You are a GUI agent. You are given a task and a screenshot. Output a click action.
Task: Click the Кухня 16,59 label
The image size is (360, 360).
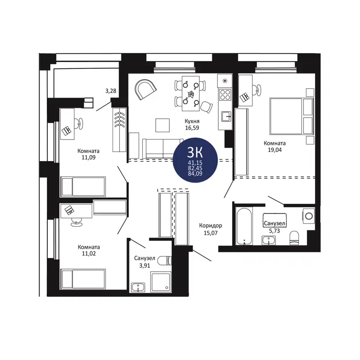coord(192,125)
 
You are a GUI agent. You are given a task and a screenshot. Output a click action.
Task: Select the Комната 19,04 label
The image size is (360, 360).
coord(275,147)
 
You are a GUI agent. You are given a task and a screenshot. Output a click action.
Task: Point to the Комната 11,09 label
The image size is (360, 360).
coord(88,154)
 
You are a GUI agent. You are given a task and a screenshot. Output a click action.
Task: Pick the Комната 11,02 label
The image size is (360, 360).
coord(88,250)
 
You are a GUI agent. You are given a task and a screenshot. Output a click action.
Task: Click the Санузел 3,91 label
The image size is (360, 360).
coord(144,262)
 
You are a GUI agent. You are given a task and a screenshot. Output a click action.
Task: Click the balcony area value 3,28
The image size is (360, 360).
coord(111,91)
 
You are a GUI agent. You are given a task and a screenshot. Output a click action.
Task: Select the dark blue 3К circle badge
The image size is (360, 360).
coord(196,160)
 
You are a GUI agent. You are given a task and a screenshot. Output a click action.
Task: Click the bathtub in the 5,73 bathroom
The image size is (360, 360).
coord(243,226)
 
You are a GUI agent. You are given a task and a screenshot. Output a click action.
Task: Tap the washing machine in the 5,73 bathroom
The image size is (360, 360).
coord(309,216)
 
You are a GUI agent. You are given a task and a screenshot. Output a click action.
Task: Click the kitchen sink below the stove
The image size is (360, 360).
coord(225,117)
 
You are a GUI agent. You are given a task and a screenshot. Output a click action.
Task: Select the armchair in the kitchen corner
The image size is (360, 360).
coord(145,90)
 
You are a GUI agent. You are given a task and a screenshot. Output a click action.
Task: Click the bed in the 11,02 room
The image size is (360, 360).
coord(83,279)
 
